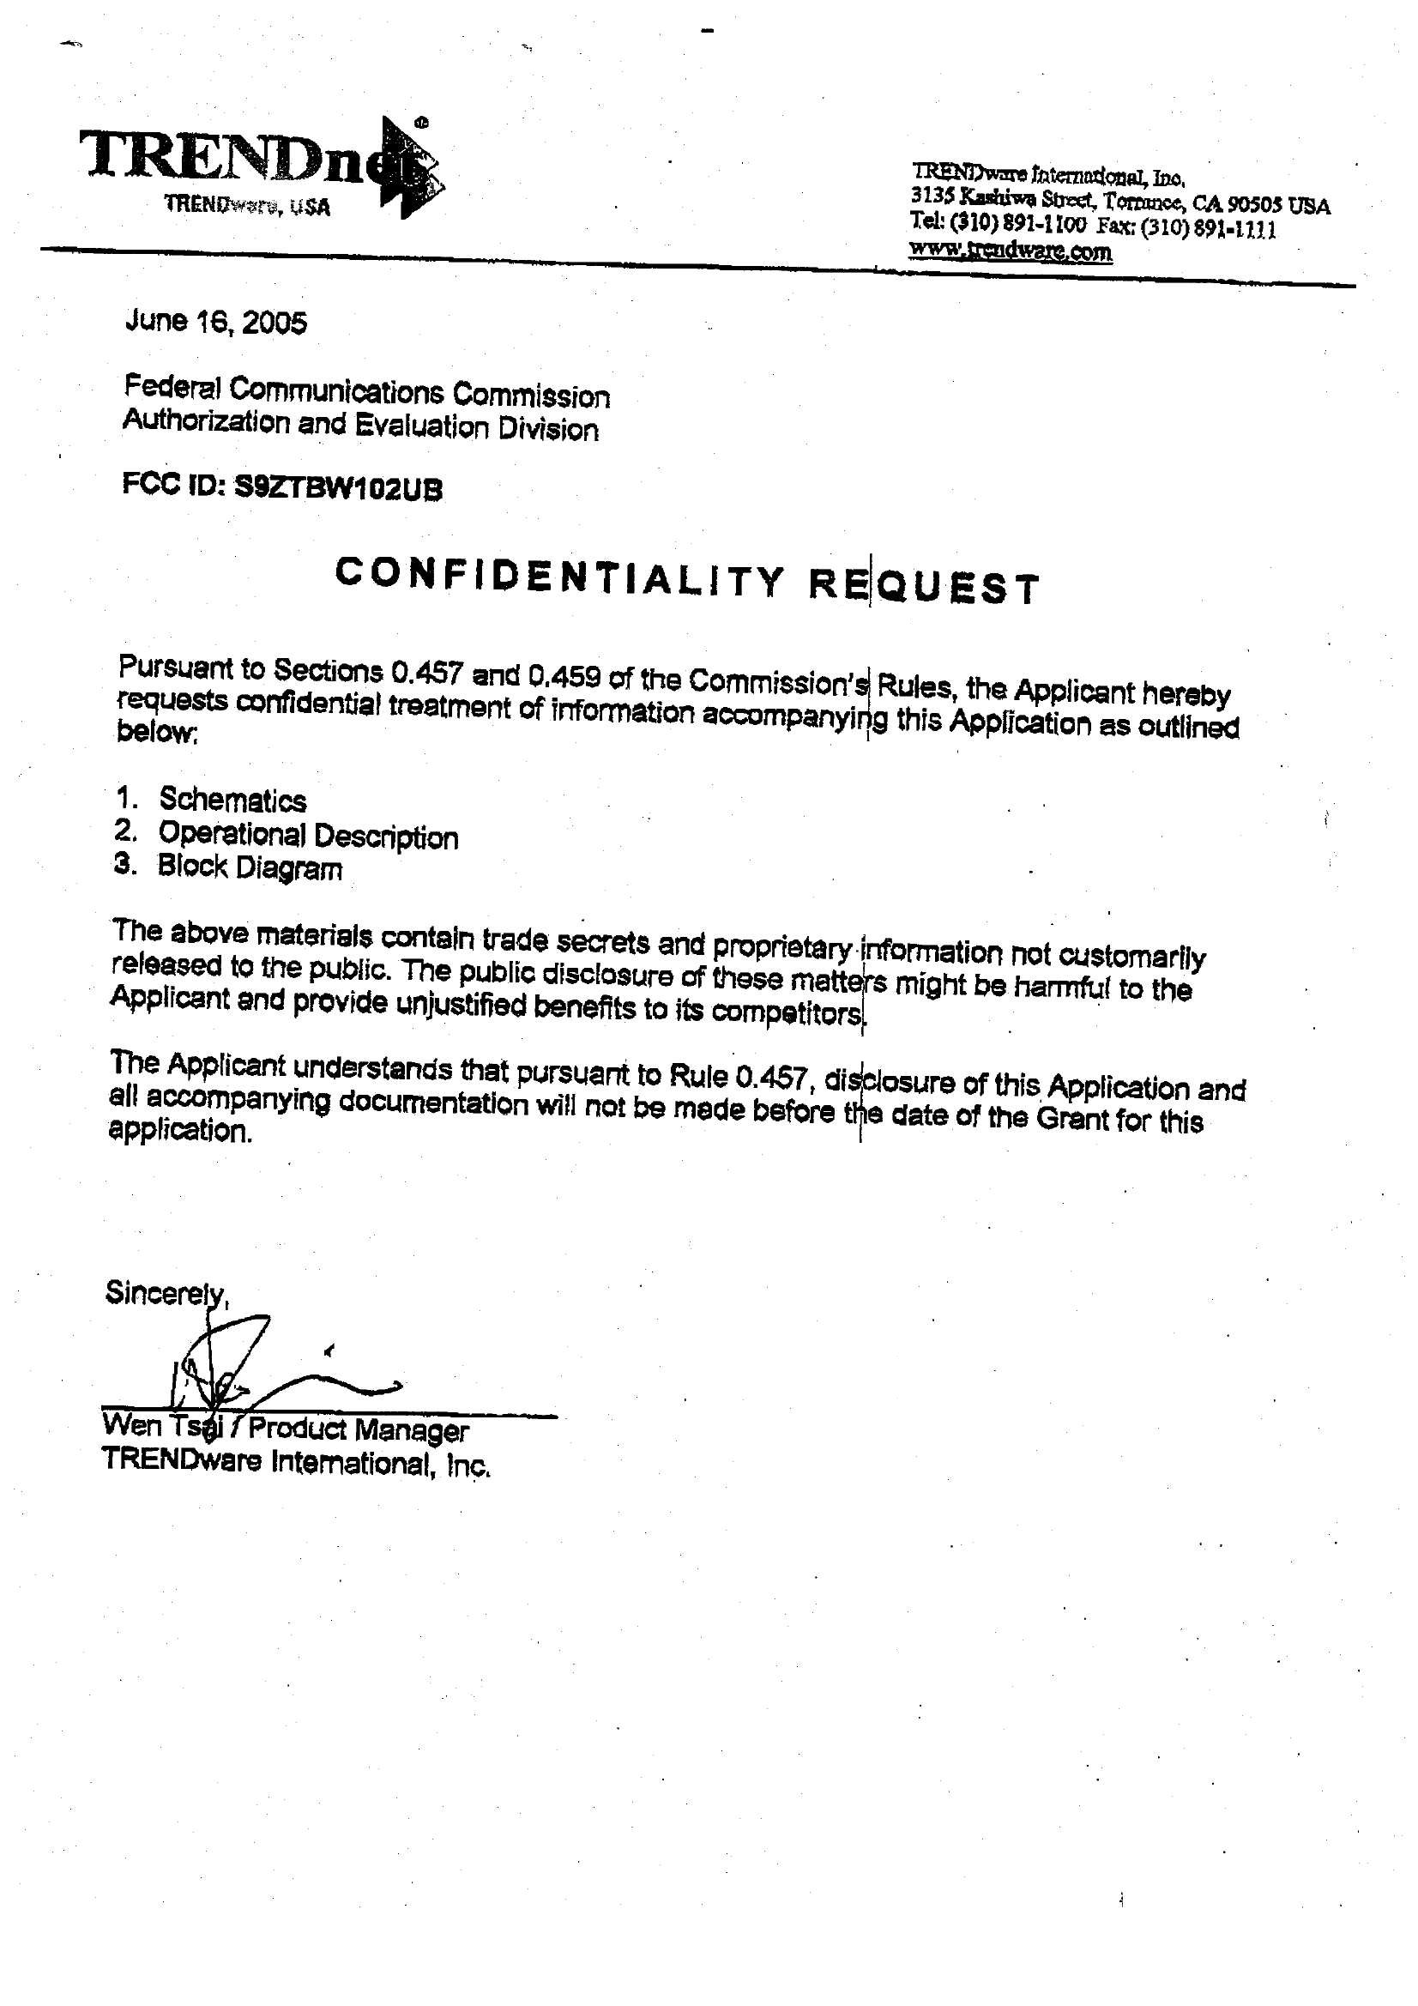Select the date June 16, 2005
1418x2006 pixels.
click(216, 323)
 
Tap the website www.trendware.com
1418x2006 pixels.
click(1010, 251)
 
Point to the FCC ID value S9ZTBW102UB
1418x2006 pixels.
click(339, 489)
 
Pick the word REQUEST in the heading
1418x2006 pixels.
click(924, 586)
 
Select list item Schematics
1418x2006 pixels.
click(232, 800)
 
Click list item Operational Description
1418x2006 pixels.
click(308, 835)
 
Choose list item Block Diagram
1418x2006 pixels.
click(250, 867)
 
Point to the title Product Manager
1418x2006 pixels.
click(359, 1430)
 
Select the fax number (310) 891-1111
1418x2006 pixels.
click(1209, 230)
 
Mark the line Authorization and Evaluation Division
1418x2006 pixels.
click(360, 426)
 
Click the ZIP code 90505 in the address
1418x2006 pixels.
click(1254, 205)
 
